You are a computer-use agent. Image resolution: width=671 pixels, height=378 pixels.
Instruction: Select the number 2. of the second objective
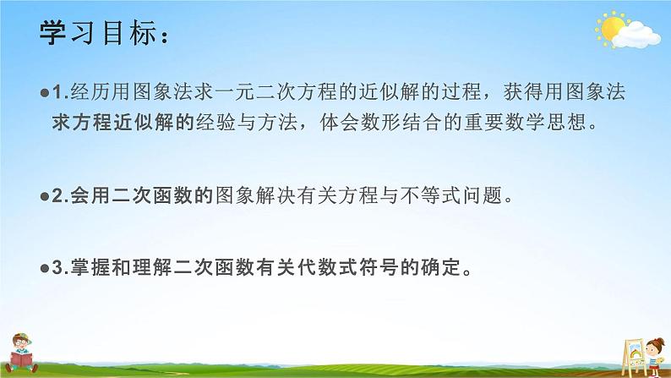pyautogui.click(x=57, y=197)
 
